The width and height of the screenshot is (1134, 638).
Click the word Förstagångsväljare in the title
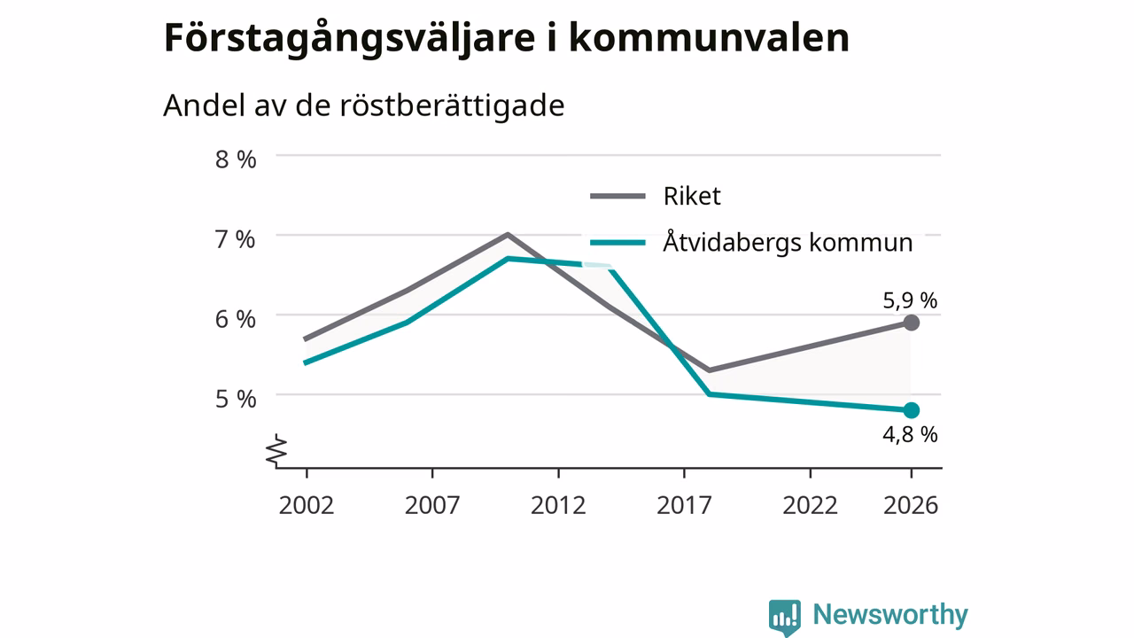tap(349, 39)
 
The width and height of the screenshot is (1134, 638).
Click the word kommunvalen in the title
tap(709, 37)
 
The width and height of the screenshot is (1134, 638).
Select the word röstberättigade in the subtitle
tap(452, 105)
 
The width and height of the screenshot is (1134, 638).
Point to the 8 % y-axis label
tap(236, 159)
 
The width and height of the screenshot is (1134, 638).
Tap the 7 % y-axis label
tap(236, 239)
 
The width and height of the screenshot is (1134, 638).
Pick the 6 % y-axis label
tap(236, 320)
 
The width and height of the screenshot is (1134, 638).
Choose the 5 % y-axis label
tap(236, 400)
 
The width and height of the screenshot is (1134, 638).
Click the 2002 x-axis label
tap(307, 505)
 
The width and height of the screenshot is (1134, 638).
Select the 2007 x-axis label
tap(432, 505)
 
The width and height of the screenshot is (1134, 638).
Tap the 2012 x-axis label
tap(558, 505)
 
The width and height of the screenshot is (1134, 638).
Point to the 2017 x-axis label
tap(685, 505)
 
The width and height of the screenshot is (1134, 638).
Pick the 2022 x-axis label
tap(811, 505)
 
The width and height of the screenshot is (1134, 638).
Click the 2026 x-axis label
tap(911, 505)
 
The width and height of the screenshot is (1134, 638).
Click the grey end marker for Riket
tap(912, 323)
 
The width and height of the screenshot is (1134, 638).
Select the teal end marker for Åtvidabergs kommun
tap(912, 410)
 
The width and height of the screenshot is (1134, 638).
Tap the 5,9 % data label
tap(910, 300)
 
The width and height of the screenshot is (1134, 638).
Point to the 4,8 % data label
tap(910, 434)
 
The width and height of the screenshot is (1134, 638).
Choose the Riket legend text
tap(692, 196)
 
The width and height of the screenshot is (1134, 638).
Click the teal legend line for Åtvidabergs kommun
tap(617, 243)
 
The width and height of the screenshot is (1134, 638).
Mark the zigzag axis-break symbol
tap(276, 449)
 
